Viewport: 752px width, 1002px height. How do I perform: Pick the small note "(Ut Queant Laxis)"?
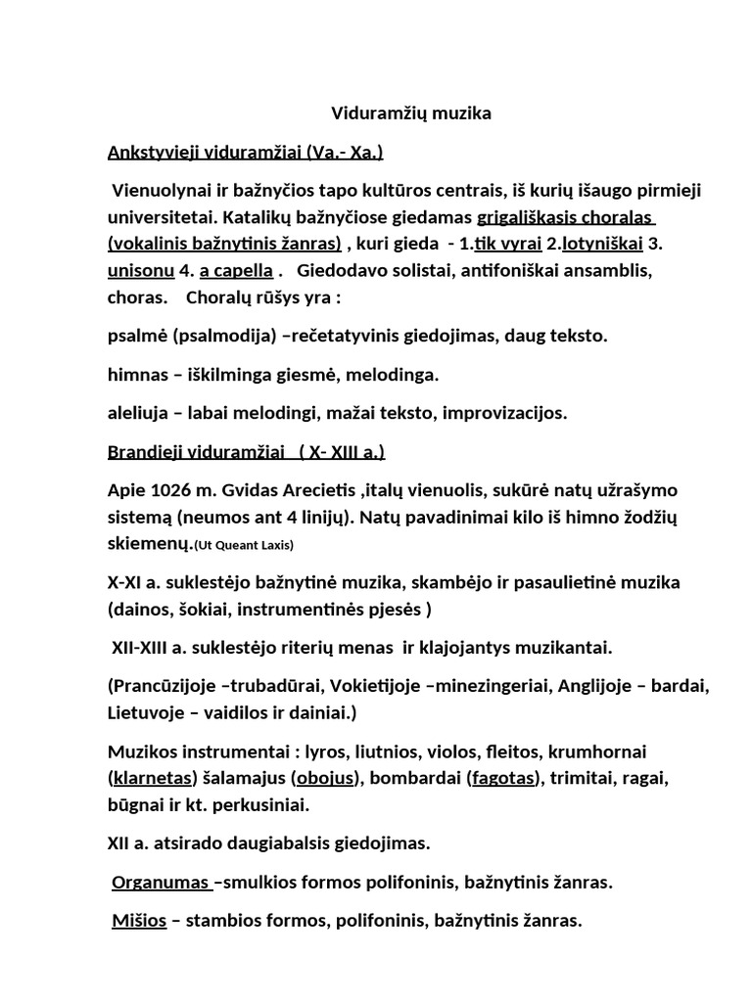244,545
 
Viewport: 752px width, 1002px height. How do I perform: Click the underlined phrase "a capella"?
236,268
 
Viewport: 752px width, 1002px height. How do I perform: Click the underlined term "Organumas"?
160,883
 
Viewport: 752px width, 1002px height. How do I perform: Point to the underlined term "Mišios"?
138,920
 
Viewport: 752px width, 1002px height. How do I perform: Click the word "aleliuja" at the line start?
137,413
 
